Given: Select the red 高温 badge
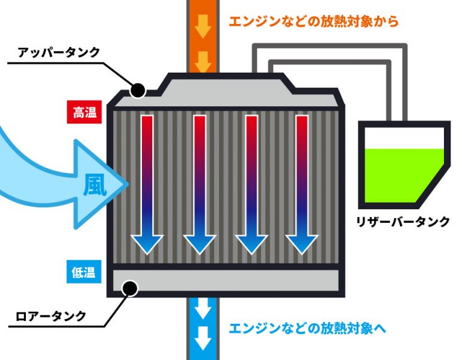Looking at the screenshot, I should coord(85,112).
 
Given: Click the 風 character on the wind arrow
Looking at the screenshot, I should coord(94,186).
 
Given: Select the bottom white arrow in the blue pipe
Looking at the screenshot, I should coord(203,340).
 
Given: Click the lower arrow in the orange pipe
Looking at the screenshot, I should coord(203,59).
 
